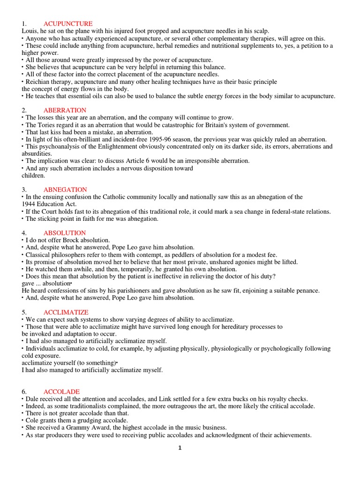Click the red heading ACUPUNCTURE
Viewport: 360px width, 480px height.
tap(68, 23)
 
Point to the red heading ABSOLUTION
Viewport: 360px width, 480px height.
tap(65, 233)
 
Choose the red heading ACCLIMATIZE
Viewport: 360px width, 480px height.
tap(66, 312)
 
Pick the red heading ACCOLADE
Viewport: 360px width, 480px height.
tap(61, 391)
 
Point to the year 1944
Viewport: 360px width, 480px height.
tap(30, 204)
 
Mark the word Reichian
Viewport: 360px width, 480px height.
tap(38, 82)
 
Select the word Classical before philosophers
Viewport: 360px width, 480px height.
tap(38, 255)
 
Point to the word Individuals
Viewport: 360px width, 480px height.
tap(42, 349)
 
